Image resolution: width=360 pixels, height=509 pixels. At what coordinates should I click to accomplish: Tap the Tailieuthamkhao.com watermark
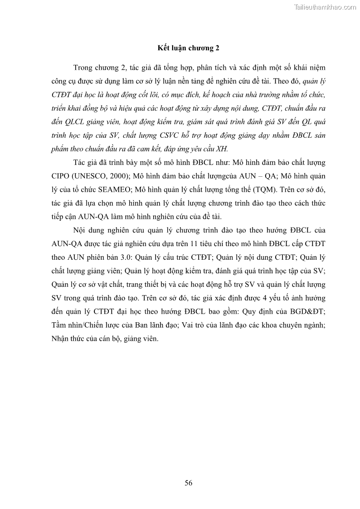325,7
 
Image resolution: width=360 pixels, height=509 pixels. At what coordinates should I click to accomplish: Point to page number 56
189,483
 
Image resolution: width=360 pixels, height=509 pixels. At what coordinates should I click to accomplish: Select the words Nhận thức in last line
68,339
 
